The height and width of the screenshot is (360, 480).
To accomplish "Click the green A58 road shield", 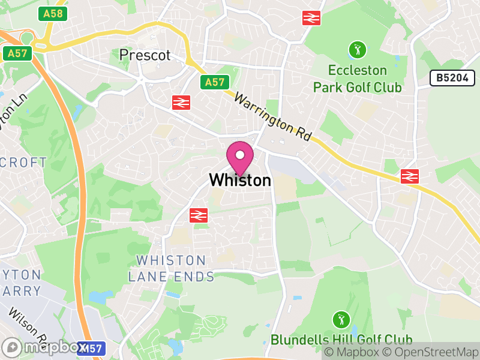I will tap(52, 14).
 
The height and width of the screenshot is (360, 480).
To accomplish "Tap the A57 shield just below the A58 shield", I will tap(17, 53).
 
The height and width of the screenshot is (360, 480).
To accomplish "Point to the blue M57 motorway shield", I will tap(92, 348).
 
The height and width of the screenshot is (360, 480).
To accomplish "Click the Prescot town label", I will tap(145, 55).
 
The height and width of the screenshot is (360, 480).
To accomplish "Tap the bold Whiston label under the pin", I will tap(239, 180).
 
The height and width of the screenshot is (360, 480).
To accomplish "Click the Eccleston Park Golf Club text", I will tap(358, 79).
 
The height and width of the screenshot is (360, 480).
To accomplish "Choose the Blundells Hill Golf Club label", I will tap(341, 340).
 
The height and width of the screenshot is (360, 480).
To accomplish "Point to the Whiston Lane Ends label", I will tap(171, 268).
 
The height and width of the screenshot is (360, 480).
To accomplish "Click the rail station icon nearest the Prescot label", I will tap(181, 102).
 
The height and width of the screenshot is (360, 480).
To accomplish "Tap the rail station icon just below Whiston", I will tap(198, 214).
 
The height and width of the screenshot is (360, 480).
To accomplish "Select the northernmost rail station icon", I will tap(311, 17).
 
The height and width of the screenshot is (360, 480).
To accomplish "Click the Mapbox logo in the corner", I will tap(42, 347).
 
